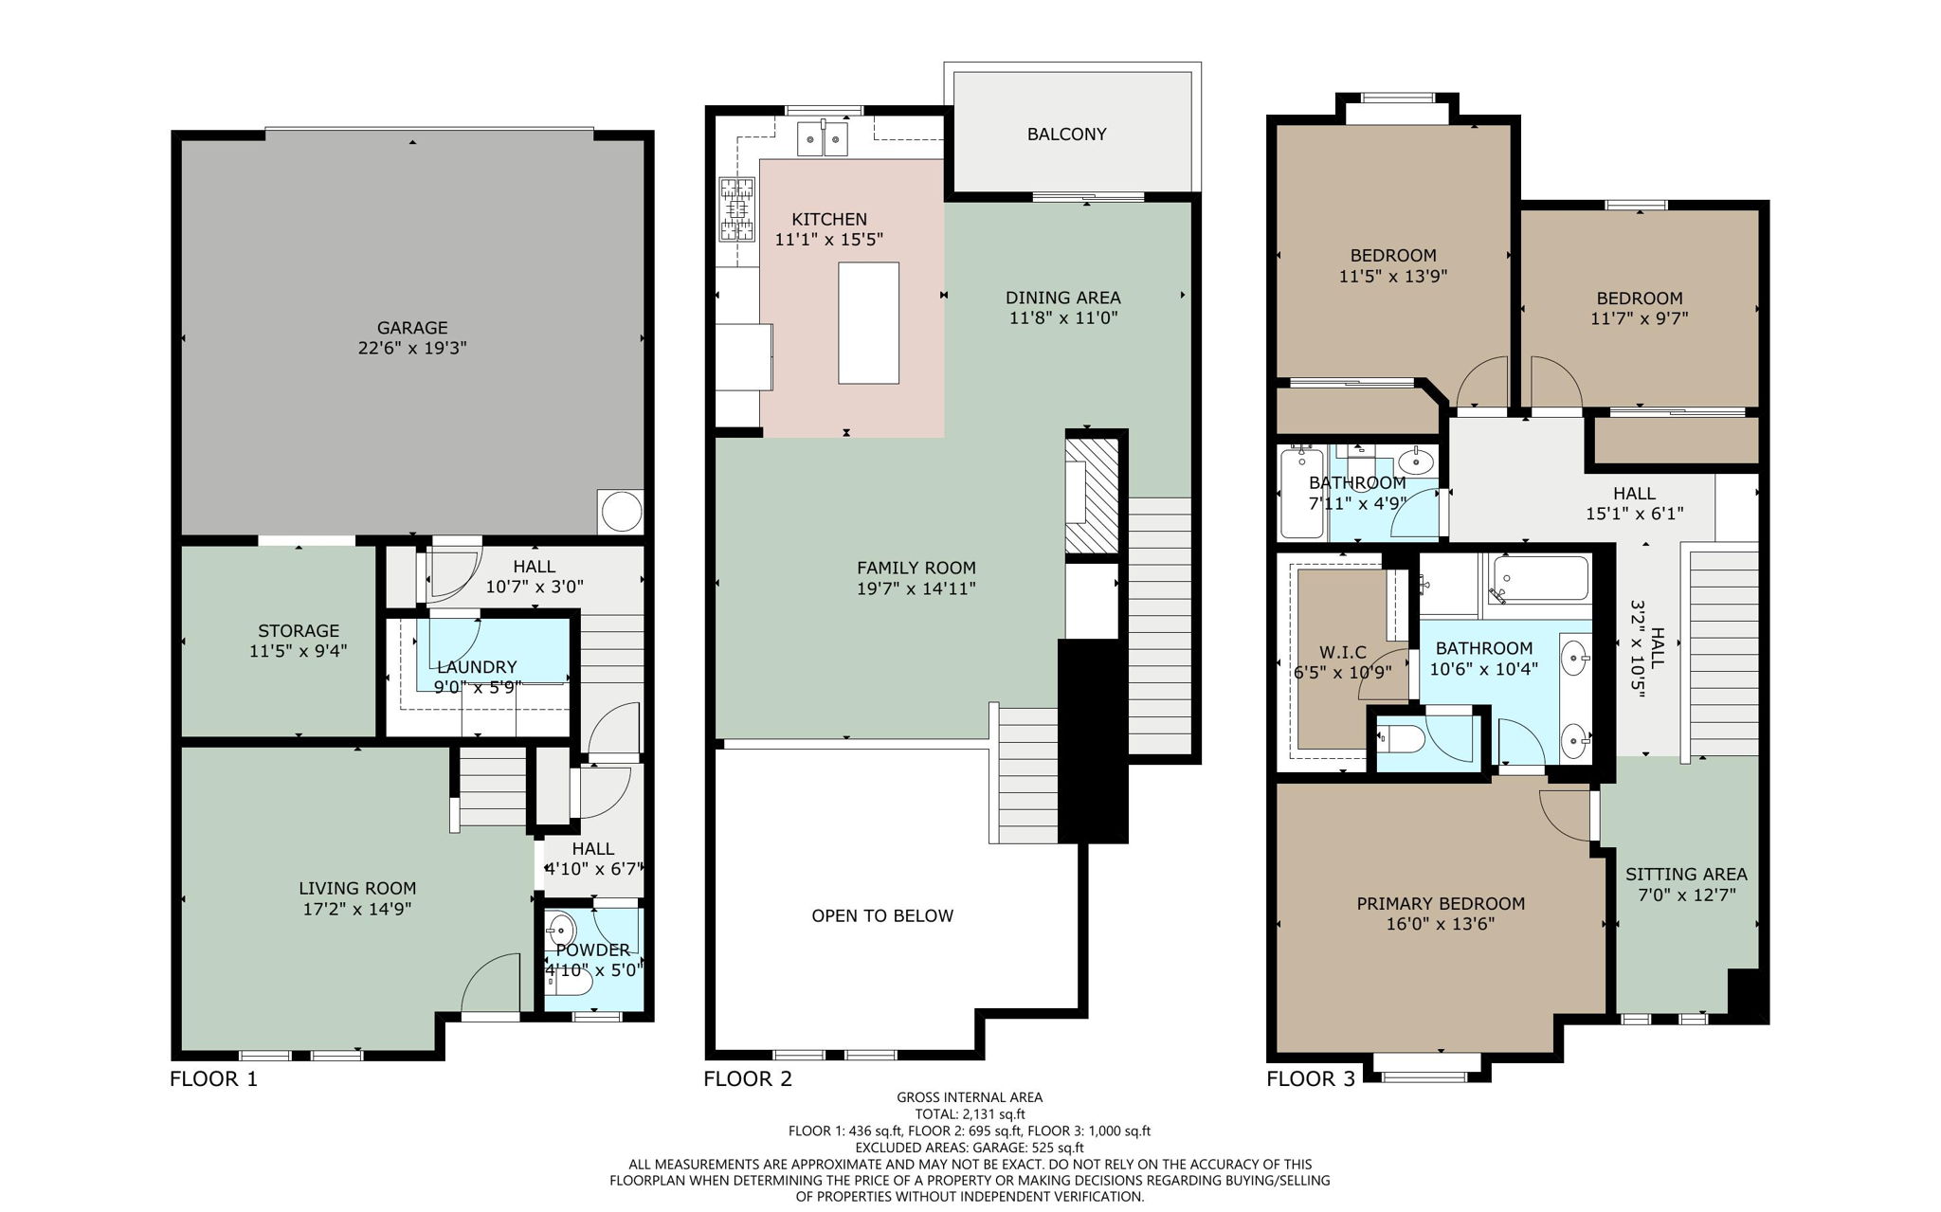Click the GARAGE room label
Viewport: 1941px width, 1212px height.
(411, 329)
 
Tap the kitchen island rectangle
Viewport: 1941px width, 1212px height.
(868, 323)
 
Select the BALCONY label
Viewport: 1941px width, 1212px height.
(1066, 135)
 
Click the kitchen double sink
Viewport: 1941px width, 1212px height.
(822, 138)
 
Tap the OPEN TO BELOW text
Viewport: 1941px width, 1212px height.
(882, 916)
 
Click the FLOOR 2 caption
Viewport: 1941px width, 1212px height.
(747, 1078)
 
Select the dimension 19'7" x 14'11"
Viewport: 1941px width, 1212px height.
(916, 588)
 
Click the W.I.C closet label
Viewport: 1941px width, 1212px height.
(1342, 652)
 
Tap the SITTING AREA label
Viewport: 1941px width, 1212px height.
(1685, 875)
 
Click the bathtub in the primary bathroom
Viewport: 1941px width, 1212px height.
(1541, 578)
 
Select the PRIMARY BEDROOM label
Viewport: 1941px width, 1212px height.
(1440, 904)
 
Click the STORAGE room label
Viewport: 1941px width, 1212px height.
(299, 631)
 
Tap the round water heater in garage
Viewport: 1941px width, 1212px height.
(621, 513)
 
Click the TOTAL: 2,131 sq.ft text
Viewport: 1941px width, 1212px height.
(970, 1114)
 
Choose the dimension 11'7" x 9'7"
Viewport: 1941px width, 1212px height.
(1639, 319)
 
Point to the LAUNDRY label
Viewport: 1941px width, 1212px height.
(476, 667)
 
